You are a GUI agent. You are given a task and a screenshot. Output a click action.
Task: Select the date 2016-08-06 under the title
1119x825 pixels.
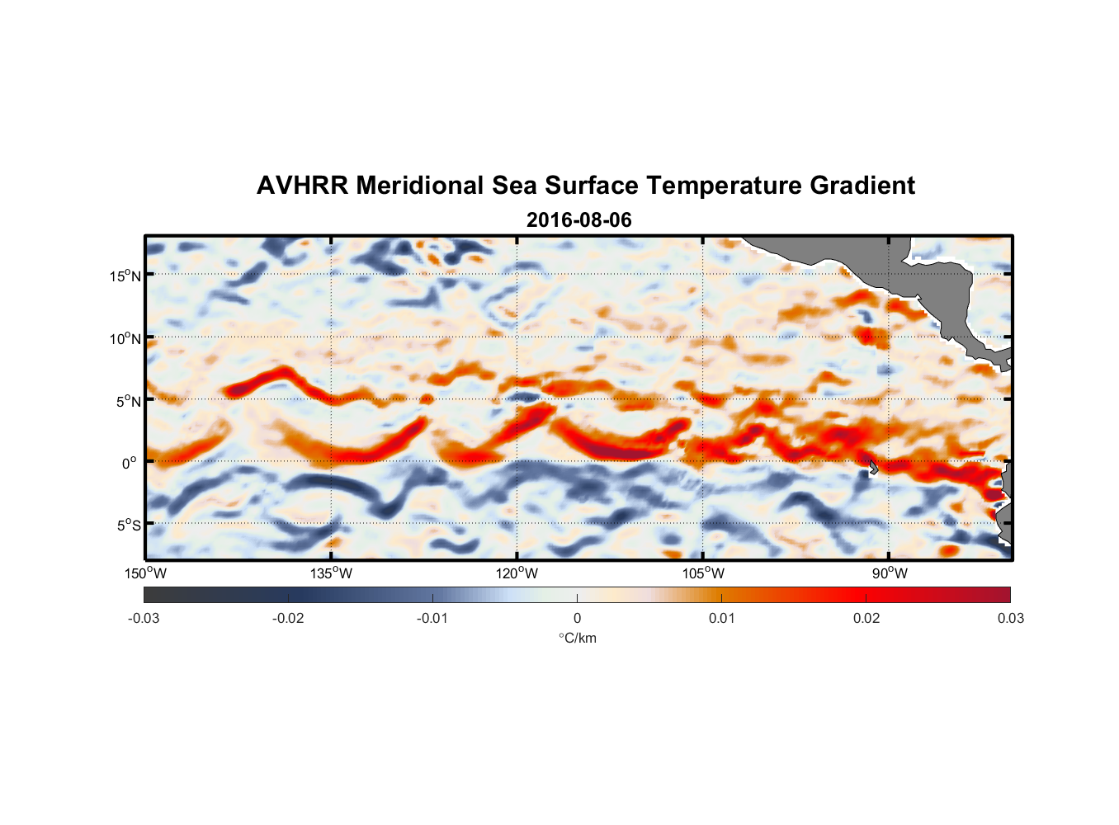click(x=578, y=220)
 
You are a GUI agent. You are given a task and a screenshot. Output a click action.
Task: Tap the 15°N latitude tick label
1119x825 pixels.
click(x=125, y=276)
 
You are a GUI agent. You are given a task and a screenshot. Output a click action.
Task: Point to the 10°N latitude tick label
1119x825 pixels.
click(x=125, y=338)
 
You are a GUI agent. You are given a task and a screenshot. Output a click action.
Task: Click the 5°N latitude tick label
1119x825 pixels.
click(x=127, y=401)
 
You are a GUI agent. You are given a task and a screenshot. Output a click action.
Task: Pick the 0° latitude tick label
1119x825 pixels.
click(x=129, y=463)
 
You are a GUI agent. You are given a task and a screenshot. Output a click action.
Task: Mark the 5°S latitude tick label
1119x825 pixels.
click(x=127, y=525)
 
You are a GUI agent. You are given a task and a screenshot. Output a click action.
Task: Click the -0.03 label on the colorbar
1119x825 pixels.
click(x=144, y=618)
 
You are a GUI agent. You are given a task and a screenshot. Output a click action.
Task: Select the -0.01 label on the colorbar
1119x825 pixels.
click(x=432, y=618)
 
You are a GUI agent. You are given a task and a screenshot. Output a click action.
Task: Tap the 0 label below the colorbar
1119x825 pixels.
click(x=577, y=618)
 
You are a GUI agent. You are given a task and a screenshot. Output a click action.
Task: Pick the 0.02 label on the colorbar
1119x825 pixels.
click(x=866, y=618)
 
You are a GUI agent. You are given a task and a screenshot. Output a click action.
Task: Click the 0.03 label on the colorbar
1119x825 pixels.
click(x=1010, y=618)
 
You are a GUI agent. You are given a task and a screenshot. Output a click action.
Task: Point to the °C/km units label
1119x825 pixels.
click(x=577, y=638)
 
